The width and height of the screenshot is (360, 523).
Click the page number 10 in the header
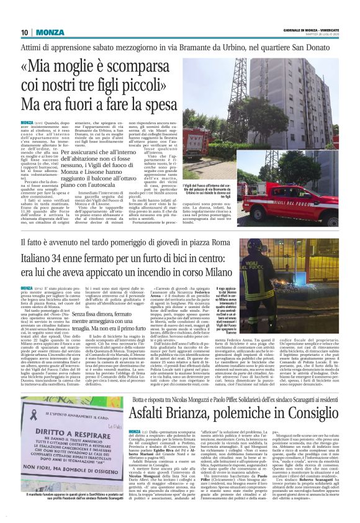click(24, 32)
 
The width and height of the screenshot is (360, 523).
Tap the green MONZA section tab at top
click(45, 32)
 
